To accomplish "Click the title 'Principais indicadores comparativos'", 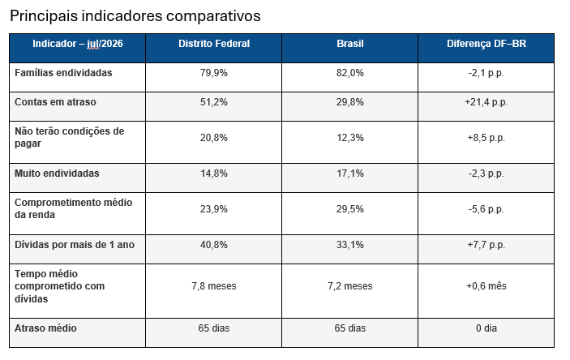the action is click(x=135, y=16).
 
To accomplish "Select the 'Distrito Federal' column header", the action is click(x=214, y=44).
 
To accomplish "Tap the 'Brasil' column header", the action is click(x=350, y=44).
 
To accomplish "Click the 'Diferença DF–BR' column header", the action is click(x=486, y=44).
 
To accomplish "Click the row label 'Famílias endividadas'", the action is click(x=63, y=73).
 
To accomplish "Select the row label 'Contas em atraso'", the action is click(x=55, y=102).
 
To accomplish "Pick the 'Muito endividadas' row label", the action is click(x=57, y=173).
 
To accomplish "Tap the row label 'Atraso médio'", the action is click(x=45, y=328).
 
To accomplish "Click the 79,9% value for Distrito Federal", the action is click(x=214, y=73).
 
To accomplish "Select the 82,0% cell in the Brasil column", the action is click(x=350, y=73).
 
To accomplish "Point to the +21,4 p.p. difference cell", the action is click(x=486, y=102).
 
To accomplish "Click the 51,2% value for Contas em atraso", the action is click(x=214, y=102).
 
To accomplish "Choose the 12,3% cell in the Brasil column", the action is click(x=350, y=138).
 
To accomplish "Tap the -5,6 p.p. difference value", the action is click(x=486, y=209).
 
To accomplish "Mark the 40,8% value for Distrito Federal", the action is click(x=214, y=244).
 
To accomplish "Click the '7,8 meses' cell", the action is click(x=214, y=286).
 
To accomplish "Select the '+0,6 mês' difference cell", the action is click(x=486, y=286).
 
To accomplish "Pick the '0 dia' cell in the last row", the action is click(x=486, y=328).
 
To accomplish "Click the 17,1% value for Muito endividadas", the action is click(x=350, y=173).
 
